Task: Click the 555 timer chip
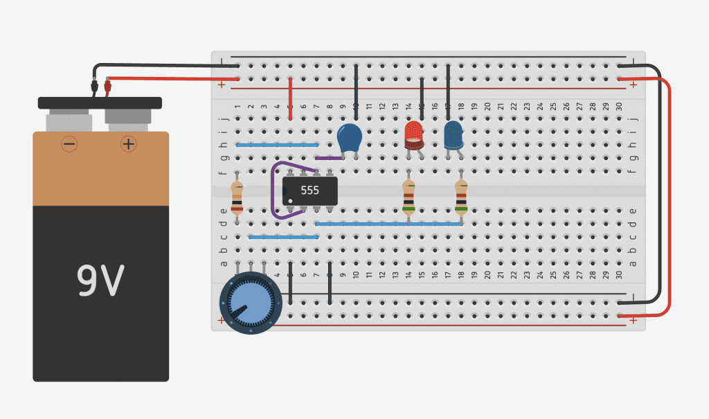309,190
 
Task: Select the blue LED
454,134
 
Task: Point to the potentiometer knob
250,303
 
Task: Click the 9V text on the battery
100,280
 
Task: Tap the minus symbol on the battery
69,144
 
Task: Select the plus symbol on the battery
128,144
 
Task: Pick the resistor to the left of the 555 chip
237,197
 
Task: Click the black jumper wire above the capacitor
356,87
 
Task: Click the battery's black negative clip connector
94,87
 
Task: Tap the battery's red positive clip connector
107,87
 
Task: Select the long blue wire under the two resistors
388,224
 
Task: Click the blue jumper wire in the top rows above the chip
277,145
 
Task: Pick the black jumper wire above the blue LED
448,90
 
